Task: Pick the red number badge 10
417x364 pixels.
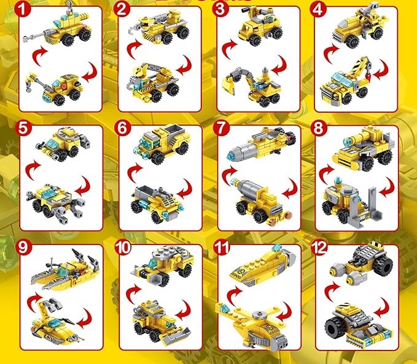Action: pos(123,248)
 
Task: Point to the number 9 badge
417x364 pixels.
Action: pos(23,248)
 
